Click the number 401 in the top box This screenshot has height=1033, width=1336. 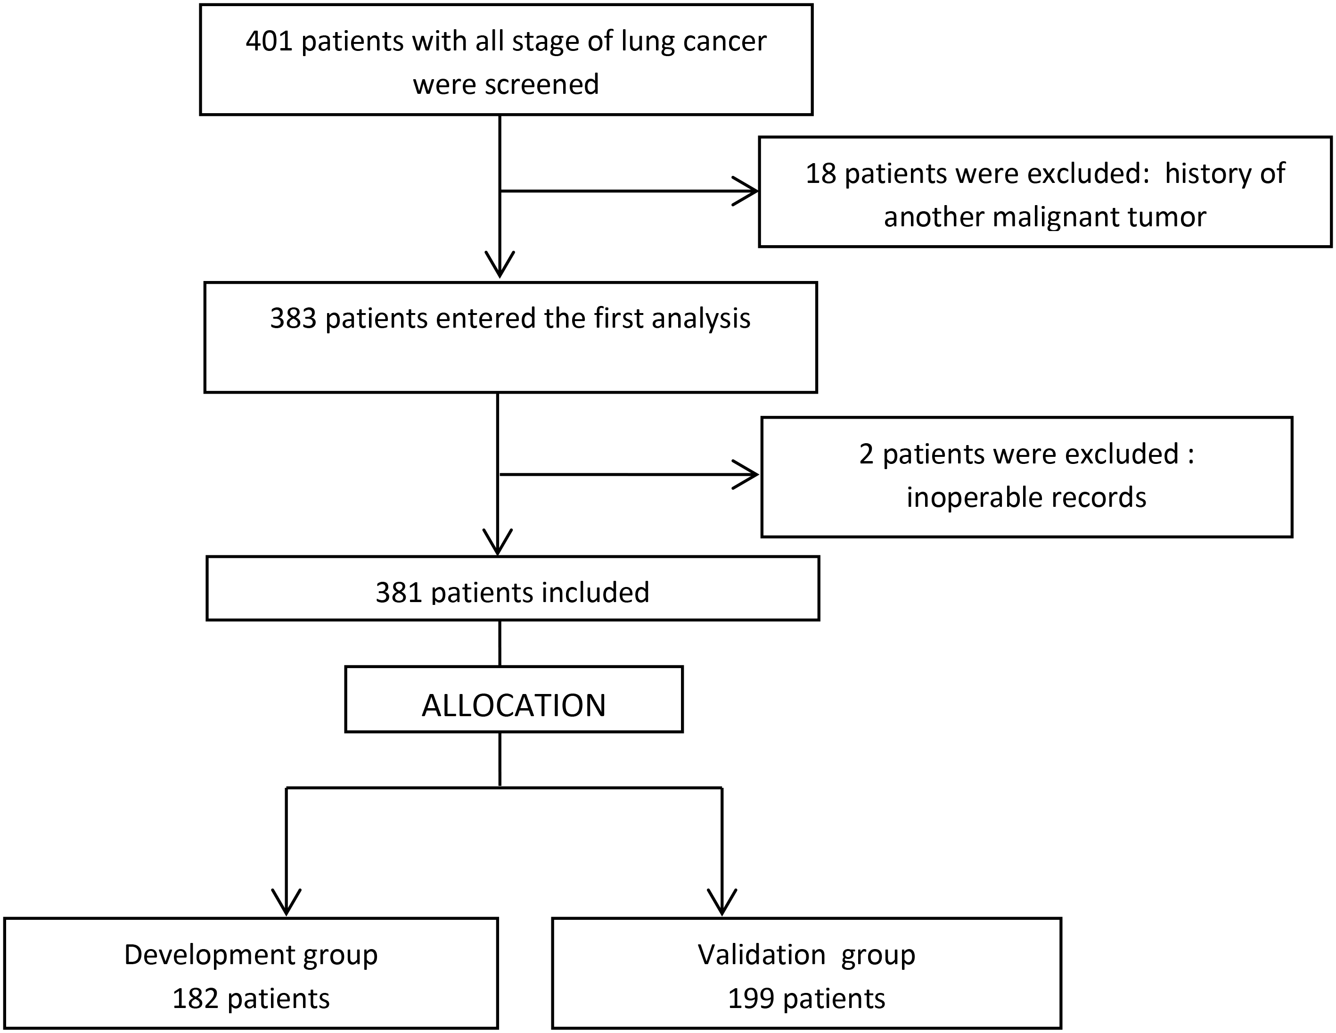click(269, 41)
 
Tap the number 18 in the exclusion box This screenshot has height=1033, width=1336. click(821, 174)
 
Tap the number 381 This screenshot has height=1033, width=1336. click(398, 592)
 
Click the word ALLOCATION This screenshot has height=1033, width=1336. click(514, 706)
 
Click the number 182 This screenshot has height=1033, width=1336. click(195, 999)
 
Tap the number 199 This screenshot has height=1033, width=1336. click(751, 999)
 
